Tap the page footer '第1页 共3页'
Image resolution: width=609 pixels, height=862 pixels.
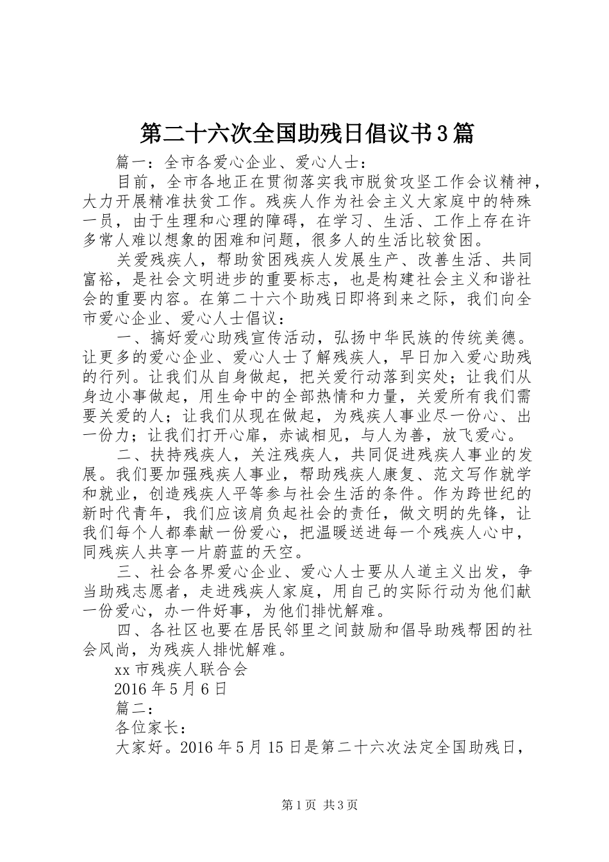pyautogui.click(x=319, y=805)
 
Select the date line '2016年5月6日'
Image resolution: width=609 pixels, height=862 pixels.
pyautogui.click(x=170, y=689)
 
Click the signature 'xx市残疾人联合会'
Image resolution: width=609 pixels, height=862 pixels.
pyautogui.click(x=180, y=670)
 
